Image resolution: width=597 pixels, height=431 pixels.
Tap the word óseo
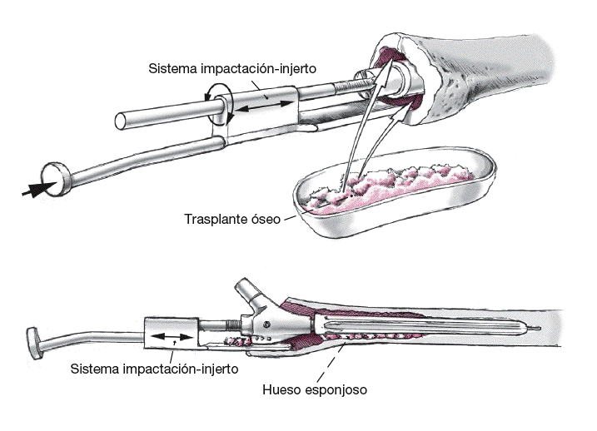(x=266, y=220)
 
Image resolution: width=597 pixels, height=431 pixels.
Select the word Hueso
(x=281, y=389)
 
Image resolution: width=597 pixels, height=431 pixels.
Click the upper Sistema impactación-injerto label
(x=231, y=69)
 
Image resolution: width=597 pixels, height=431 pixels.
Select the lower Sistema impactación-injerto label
(x=154, y=368)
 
